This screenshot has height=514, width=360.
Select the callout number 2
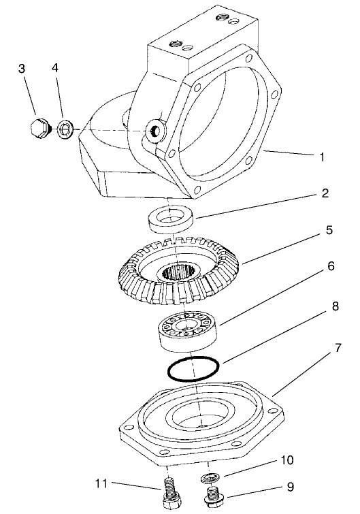pos(325,193)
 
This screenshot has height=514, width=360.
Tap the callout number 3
pos(22,69)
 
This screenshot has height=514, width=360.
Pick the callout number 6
pos(331,266)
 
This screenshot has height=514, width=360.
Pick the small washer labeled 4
pos(66,127)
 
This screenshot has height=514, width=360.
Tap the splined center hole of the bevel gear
pos(180,275)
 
